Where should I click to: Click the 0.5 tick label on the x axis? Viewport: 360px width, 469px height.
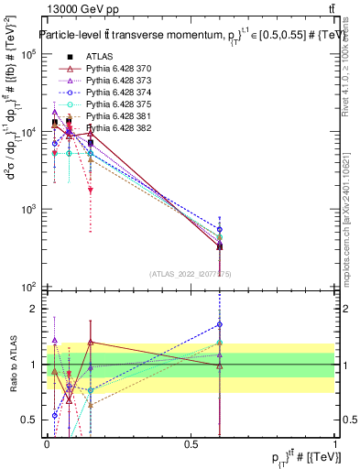(x=191, y=444)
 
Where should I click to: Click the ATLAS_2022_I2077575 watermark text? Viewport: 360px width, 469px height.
(x=191, y=274)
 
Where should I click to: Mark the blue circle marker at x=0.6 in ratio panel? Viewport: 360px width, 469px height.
(x=220, y=324)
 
